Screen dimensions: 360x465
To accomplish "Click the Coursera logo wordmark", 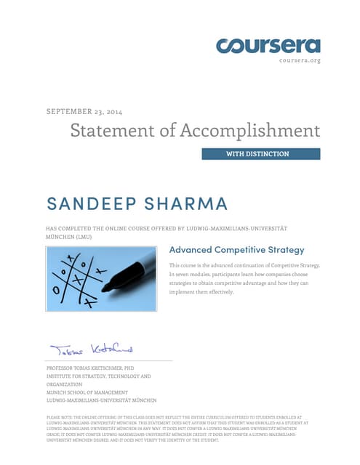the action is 268,45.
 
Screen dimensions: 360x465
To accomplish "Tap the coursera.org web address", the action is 300,60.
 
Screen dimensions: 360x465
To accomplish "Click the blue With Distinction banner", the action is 260,154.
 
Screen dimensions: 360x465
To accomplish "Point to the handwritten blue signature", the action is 91,349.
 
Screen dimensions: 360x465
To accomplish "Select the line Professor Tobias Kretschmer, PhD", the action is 90,369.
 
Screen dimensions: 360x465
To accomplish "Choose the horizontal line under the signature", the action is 109,360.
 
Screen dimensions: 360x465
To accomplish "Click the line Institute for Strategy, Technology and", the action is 98,376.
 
